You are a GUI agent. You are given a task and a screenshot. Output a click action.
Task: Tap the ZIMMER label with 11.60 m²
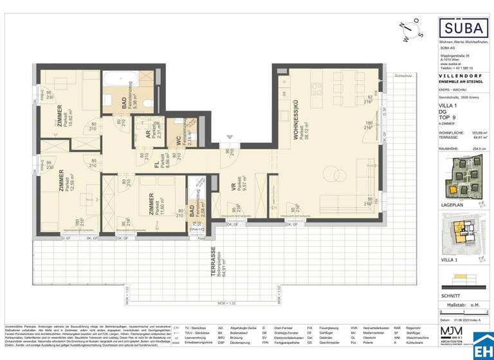[151, 204]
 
